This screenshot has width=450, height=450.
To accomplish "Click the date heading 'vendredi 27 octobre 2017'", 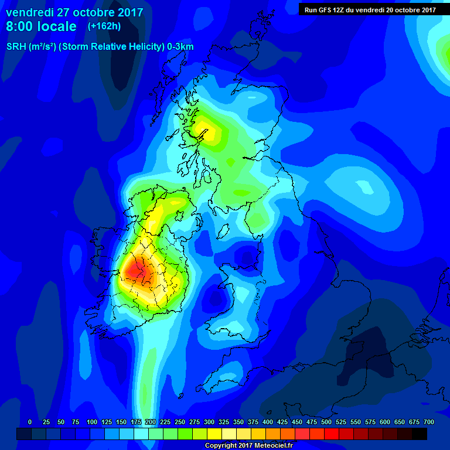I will (x=74, y=12).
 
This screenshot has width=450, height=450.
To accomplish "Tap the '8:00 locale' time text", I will (x=41, y=26).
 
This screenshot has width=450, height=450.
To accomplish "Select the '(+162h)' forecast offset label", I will (x=104, y=26).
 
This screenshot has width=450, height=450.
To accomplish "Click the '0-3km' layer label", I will (x=180, y=47).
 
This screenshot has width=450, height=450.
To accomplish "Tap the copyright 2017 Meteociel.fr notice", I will (x=248, y=446).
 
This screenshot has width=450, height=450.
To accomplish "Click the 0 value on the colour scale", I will (x=30, y=422).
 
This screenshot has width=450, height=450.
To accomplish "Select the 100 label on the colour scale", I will (x=91, y=422).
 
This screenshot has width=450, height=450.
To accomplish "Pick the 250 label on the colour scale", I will (x=180, y=422).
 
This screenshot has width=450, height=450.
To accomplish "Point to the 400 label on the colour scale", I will (x=268, y=422).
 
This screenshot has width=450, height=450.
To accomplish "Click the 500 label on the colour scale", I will (x=326, y=422).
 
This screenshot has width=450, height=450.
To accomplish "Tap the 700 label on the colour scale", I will (x=429, y=422).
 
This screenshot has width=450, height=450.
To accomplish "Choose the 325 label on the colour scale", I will (x=224, y=422).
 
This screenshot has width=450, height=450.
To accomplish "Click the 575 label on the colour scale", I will (x=370, y=422).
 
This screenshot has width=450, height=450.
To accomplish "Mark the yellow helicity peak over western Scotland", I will (x=205, y=129).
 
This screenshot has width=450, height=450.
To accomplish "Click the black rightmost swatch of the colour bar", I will (x=420, y=434).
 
